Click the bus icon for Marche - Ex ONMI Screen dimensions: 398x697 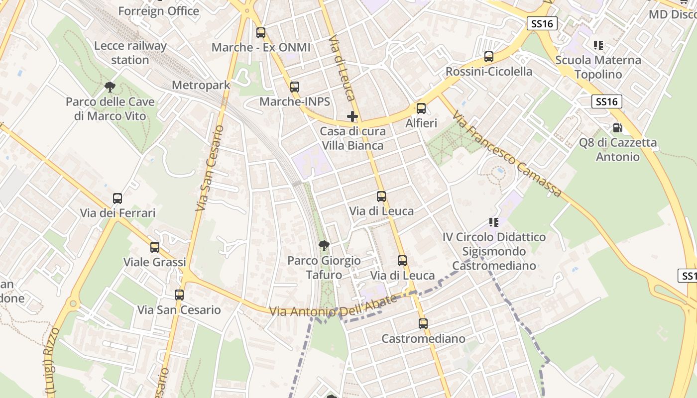pyautogui.click(x=260, y=33)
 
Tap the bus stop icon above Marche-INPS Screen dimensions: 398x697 pyautogui.click(x=295, y=87)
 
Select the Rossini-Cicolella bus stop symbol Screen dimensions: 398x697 pyautogui.click(x=489, y=57)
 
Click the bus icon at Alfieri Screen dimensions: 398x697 pyautogui.click(x=421, y=108)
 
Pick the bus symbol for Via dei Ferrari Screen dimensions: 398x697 pyautogui.click(x=117, y=199)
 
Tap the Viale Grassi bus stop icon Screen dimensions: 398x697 pyautogui.click(x=155, y=247)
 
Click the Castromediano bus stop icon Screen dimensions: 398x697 pyautogui.click(x=423, y=324)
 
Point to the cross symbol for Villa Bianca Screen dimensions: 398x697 pyautogui.click(x=352, y=117)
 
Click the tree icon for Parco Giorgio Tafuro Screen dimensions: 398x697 pyautogui.click(x=324, y=245)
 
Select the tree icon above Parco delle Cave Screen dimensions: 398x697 pyautogui.click(x=110, y=88)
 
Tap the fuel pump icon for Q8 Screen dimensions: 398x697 pyautogui.click(x=617, y=128)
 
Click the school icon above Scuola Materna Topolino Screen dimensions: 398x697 pyautogui.click(x=598, y=45)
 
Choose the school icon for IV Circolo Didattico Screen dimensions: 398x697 pyautogui.click(x=494, y=222)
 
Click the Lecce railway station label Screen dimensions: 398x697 pyautogui.click(x=130, y=53)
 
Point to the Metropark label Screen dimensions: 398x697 pyautogui.click(x=201, y=85)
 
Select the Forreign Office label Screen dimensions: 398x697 pyautogui.click(x=158, y=11)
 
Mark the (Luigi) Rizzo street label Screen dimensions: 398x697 pyautogui.click(x=51, y=361)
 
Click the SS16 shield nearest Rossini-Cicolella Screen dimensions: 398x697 pyautogui.click(x=542, y=23)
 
